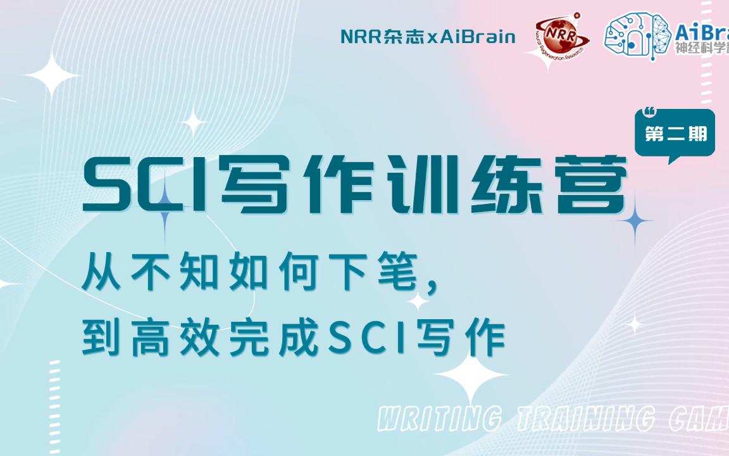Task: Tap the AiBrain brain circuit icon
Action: [x=635, y=35]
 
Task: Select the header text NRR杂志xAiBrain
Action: [x=428, y=37]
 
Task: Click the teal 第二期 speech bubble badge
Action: [x=675, y=134]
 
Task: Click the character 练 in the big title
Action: [x=502, y=184]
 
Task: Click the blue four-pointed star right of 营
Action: [x=635, y=221]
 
